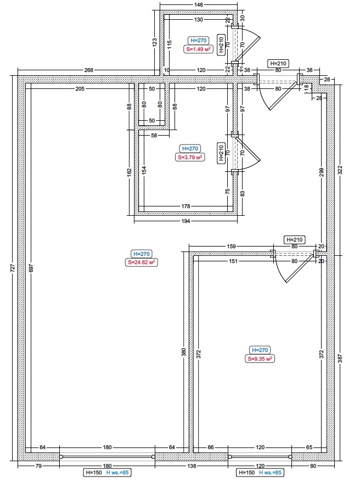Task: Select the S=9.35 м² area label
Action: [x=260, y=359]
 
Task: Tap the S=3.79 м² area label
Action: [x=190, y=157]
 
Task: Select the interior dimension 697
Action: [x=31, y=268]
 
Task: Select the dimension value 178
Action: [x=187, y=206]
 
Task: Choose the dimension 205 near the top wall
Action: [x=81, y=89]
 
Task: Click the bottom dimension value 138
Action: [x=190, y=466]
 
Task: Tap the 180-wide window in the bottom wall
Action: [x=107, y=456]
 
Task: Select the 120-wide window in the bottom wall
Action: [x=260, y=456]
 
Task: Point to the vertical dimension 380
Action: [x=184, y=351]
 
